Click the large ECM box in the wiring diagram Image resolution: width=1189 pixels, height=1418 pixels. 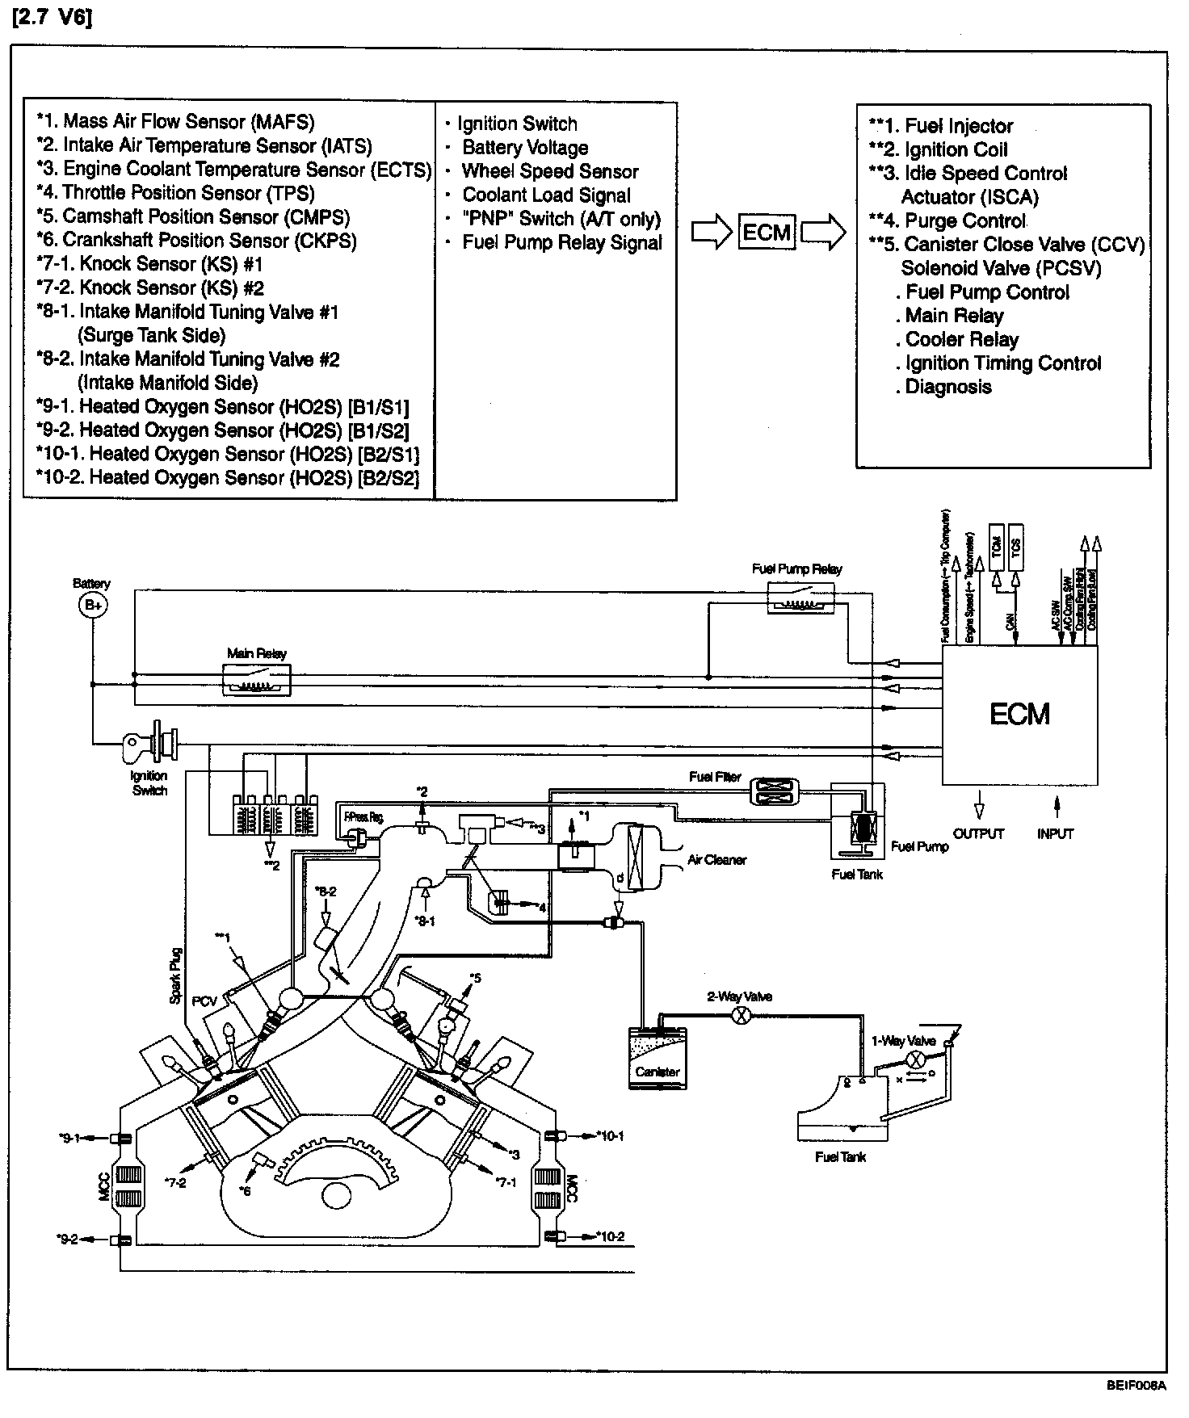[x=1019, y=714]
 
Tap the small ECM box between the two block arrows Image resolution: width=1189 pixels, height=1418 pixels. [x=767, y=233]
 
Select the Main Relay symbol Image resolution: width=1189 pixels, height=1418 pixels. [x=256, y=680]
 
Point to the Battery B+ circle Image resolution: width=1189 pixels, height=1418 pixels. [x=92, y=605]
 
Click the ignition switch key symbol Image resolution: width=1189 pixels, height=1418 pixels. [x=151, y=740]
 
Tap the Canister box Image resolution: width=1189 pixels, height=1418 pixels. [x=658, y=1058]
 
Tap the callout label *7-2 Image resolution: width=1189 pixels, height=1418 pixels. [x=175, y=1183]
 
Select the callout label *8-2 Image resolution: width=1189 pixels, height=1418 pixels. [x=326, y=891]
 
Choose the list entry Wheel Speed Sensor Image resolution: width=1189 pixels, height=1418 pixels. [x=549, y=171]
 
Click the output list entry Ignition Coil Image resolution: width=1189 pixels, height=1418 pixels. [x=956, y=149]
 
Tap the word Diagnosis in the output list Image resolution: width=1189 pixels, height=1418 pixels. [x=947, y=387]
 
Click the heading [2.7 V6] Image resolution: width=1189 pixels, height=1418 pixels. [x=52, y=18]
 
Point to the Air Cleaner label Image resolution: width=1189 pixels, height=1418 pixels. [x=717, y=860]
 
